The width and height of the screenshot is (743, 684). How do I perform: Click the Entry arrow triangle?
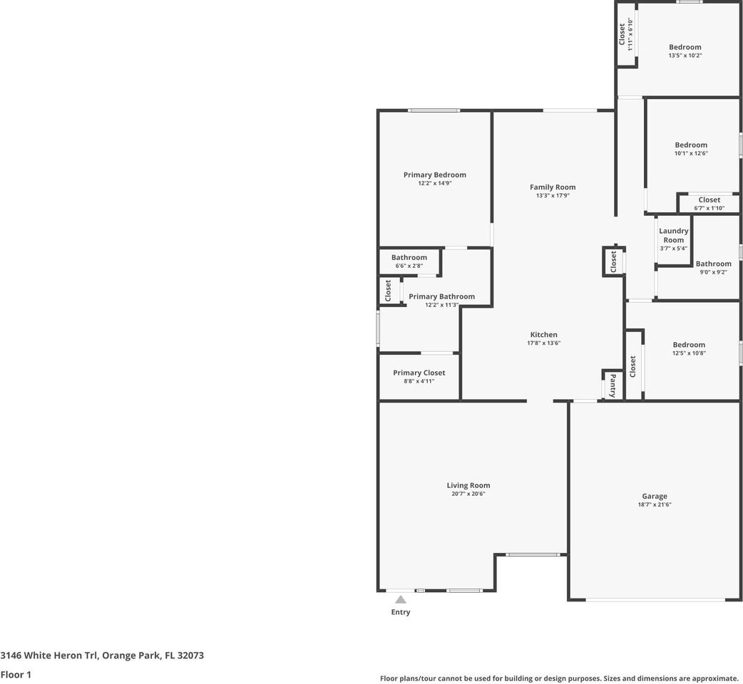[x=401, y=600]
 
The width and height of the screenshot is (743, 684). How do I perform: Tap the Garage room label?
[x=655, y=496]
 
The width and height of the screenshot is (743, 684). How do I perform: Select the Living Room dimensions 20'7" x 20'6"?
[x=468, y=494]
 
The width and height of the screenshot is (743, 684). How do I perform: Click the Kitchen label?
[x=543, y=335]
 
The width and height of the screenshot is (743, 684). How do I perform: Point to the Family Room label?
[x=553, y=187]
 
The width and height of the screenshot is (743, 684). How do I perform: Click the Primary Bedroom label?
[x=434, y=175]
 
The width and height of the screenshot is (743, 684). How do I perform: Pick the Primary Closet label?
[x=419, y=373]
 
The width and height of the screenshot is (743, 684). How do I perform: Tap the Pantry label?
[x=613, y=385]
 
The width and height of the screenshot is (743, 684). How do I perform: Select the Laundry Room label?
[x=673, y=235]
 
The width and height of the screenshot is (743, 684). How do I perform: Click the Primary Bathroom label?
[x=441, y=296]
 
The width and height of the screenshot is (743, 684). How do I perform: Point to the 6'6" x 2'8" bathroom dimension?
[x=409, y=266]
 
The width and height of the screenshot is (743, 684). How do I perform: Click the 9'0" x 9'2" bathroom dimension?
[x=713, y=272]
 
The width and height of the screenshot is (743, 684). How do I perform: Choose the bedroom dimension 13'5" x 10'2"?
[x=685, y=56]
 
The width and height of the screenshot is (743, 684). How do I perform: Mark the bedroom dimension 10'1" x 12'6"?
[x=691, y=153]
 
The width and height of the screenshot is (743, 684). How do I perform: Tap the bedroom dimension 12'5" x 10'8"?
[x=689, y=353]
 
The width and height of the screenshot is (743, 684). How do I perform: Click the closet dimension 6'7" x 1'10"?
[x=709, y=208]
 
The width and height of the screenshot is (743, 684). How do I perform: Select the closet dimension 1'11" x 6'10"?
[x=630, y=34]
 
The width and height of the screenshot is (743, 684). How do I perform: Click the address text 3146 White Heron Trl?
[x=48, y=655]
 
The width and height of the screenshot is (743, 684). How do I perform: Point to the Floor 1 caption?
[x=16, y=675]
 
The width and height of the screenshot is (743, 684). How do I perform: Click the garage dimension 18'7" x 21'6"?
[x=655, y=504]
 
